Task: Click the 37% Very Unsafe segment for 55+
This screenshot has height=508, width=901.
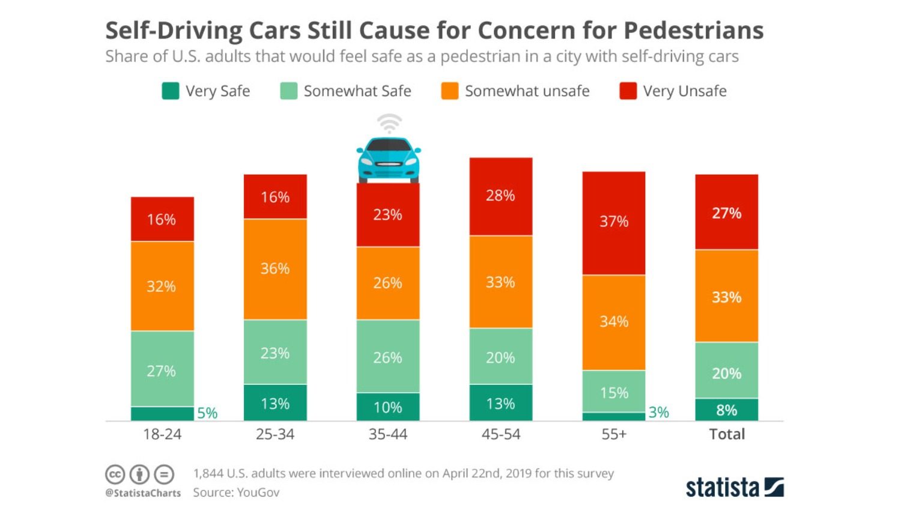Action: [x=613, y=223]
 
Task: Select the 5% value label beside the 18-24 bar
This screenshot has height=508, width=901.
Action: [x=207, y=413]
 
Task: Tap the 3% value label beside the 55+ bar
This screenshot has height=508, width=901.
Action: [x=658, y=413]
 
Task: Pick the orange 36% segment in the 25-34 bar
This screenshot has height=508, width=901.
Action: [x=275, y=269]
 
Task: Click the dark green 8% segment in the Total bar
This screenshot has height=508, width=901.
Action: [x=726, y=410]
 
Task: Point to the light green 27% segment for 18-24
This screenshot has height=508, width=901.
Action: [x=162, y=369]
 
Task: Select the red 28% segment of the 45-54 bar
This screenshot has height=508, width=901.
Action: [x=500, y=196]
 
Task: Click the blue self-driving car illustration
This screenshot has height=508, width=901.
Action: [x=389, y=159]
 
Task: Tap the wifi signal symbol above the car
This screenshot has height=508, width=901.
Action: [x=389, y=124]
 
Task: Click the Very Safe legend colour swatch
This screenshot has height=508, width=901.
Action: [x=171, y=91]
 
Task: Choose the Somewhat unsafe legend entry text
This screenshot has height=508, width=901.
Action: [x=527, y=91]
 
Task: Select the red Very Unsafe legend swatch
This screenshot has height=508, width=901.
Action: [x=628, y=91]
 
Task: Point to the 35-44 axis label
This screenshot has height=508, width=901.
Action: [x=387, y=434]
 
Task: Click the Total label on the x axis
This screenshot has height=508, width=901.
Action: [x=726, y=434]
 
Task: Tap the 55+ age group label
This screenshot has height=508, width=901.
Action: [x=613, y=434]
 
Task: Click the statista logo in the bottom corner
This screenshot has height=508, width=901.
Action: [x=734, y=487]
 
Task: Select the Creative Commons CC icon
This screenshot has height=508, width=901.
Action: [x=115, y=474]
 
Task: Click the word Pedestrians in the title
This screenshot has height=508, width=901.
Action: [x=693, y=30]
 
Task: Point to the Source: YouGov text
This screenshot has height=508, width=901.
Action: [x=236, y=492]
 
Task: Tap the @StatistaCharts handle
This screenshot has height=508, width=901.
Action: [x=143, y=493]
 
